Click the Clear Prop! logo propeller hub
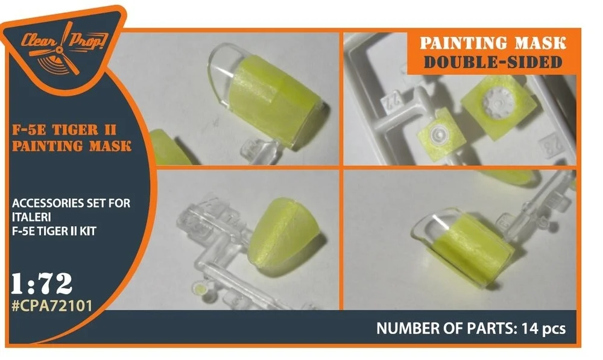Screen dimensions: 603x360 pos(59,51)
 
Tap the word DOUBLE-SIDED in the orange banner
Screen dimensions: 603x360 pos(493,62)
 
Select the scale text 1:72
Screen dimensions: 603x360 pos(42,284)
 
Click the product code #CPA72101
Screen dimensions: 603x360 pos(52,306)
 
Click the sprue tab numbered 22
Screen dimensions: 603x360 pos(391,101)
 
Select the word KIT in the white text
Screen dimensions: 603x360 pos(87,231)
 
